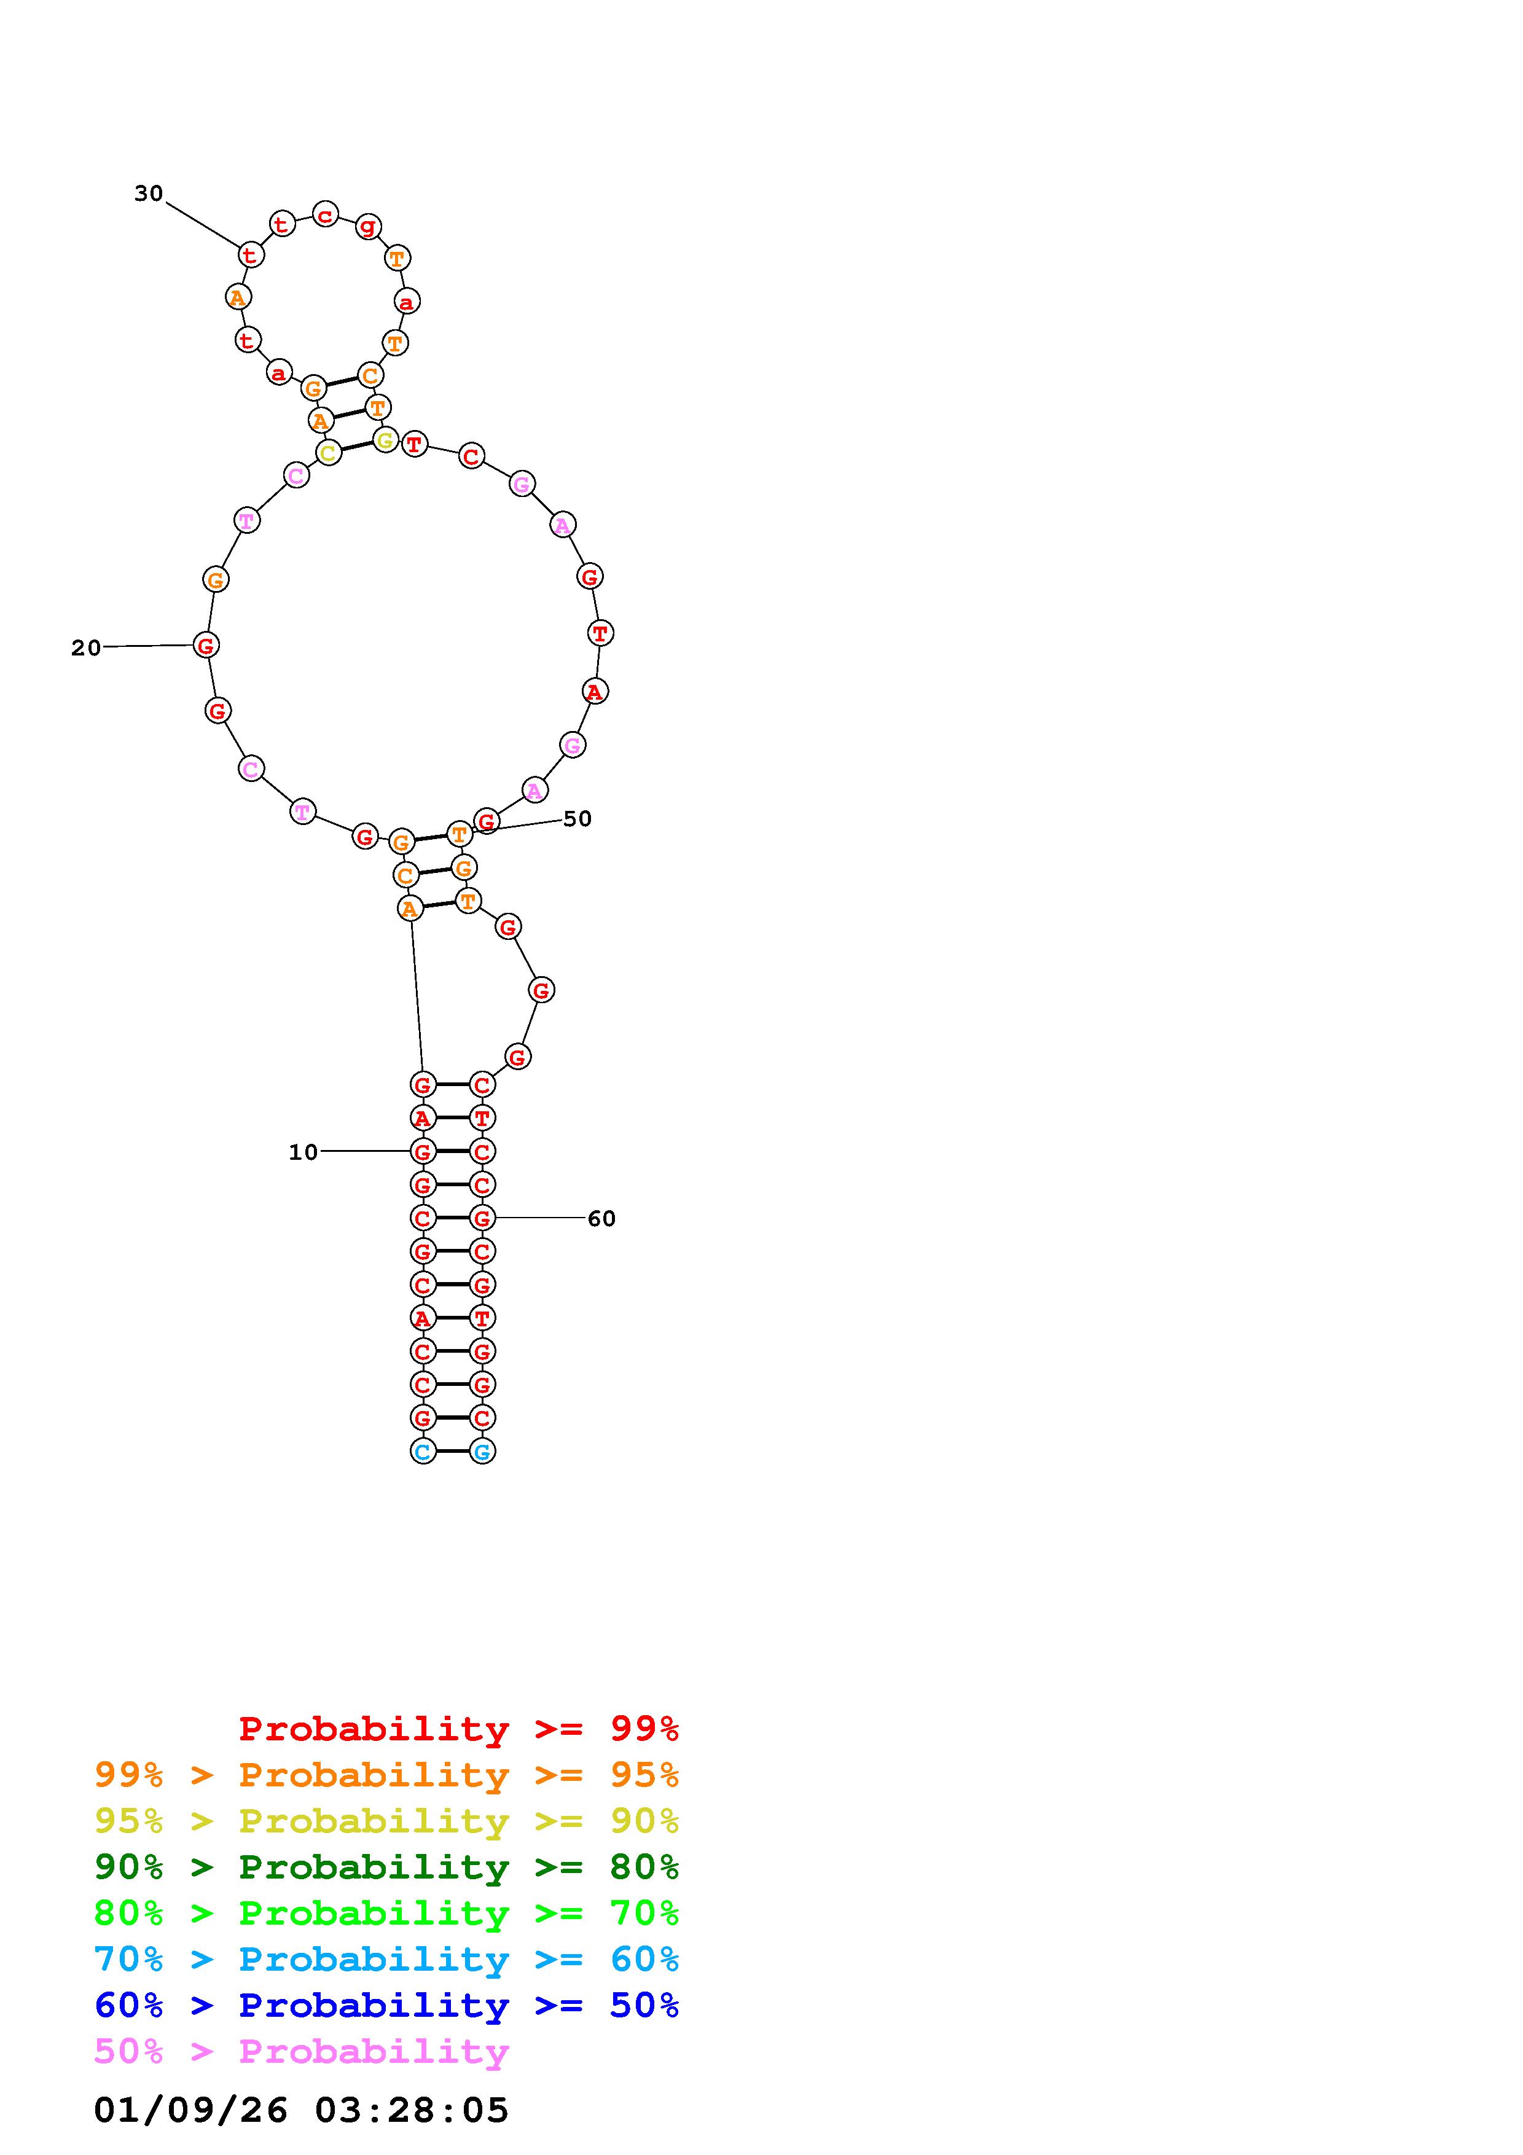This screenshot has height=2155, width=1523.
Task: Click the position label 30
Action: [148, 194]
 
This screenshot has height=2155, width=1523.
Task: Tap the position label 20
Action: [87, 647]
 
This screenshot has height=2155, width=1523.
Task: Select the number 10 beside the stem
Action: [303, 1152]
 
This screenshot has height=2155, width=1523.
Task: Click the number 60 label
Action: [601, 1218]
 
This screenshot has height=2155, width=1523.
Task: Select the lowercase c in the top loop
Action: [324, 215]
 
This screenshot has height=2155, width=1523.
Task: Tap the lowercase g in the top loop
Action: [368, 225]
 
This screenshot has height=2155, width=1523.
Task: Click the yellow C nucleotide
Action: [327, 453]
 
